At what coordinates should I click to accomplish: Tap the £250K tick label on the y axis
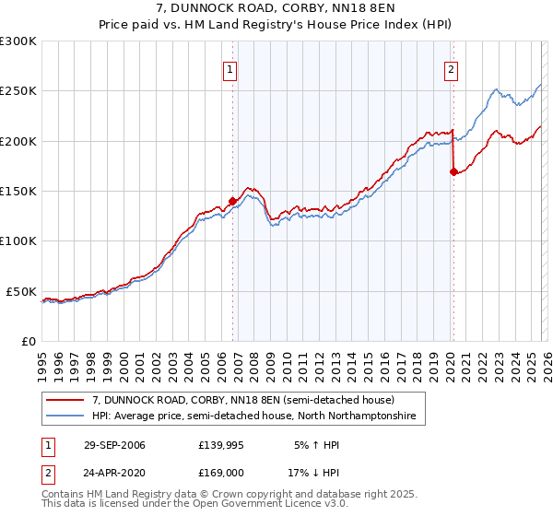[18, 91]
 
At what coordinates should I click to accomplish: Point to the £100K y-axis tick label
[18, 240]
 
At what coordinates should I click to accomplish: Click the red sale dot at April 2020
[453, 171]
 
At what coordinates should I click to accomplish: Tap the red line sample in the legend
[66, 401]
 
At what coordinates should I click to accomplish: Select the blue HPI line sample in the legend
[66, 416]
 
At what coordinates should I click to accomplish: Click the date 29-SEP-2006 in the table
[114, 445]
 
